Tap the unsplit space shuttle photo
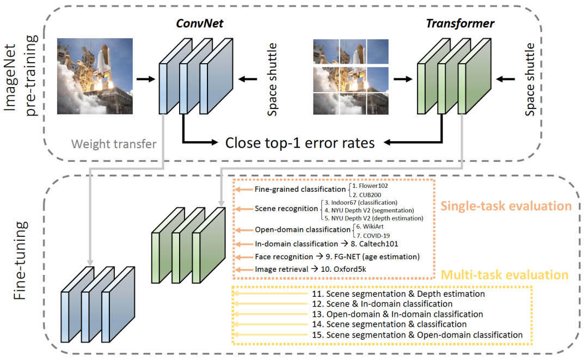click(x=95, y=76)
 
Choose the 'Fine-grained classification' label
click(x=299, y=190)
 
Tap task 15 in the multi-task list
click(x=417, y=334)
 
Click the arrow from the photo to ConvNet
click(x=145, y=80)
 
